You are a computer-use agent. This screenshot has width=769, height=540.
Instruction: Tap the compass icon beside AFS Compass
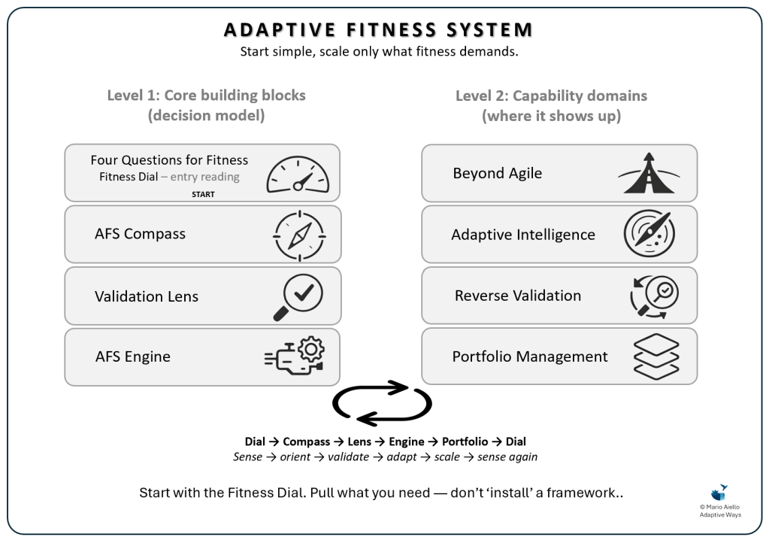[298, 234]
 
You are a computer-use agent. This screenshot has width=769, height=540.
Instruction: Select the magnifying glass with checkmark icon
[298, 296]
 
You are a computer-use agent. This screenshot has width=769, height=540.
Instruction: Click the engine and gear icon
[295, 356]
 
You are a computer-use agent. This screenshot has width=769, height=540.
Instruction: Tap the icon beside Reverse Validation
[652, 296]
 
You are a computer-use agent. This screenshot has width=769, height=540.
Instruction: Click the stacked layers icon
[655, 356]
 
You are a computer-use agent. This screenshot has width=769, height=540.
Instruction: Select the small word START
[202, 194]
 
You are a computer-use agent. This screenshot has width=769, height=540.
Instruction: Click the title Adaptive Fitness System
[379, 30]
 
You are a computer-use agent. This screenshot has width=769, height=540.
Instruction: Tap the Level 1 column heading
[206, 105]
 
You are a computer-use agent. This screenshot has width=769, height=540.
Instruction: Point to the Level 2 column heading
[551, 105]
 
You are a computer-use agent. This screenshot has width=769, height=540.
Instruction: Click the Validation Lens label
[147, 296]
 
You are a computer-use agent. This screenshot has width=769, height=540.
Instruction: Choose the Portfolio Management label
[529, 356]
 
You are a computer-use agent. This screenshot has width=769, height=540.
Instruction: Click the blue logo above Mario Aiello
[719, 493]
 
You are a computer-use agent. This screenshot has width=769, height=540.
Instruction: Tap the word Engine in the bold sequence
[407, 441]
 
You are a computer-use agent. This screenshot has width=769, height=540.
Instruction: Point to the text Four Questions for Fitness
[169, 160]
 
